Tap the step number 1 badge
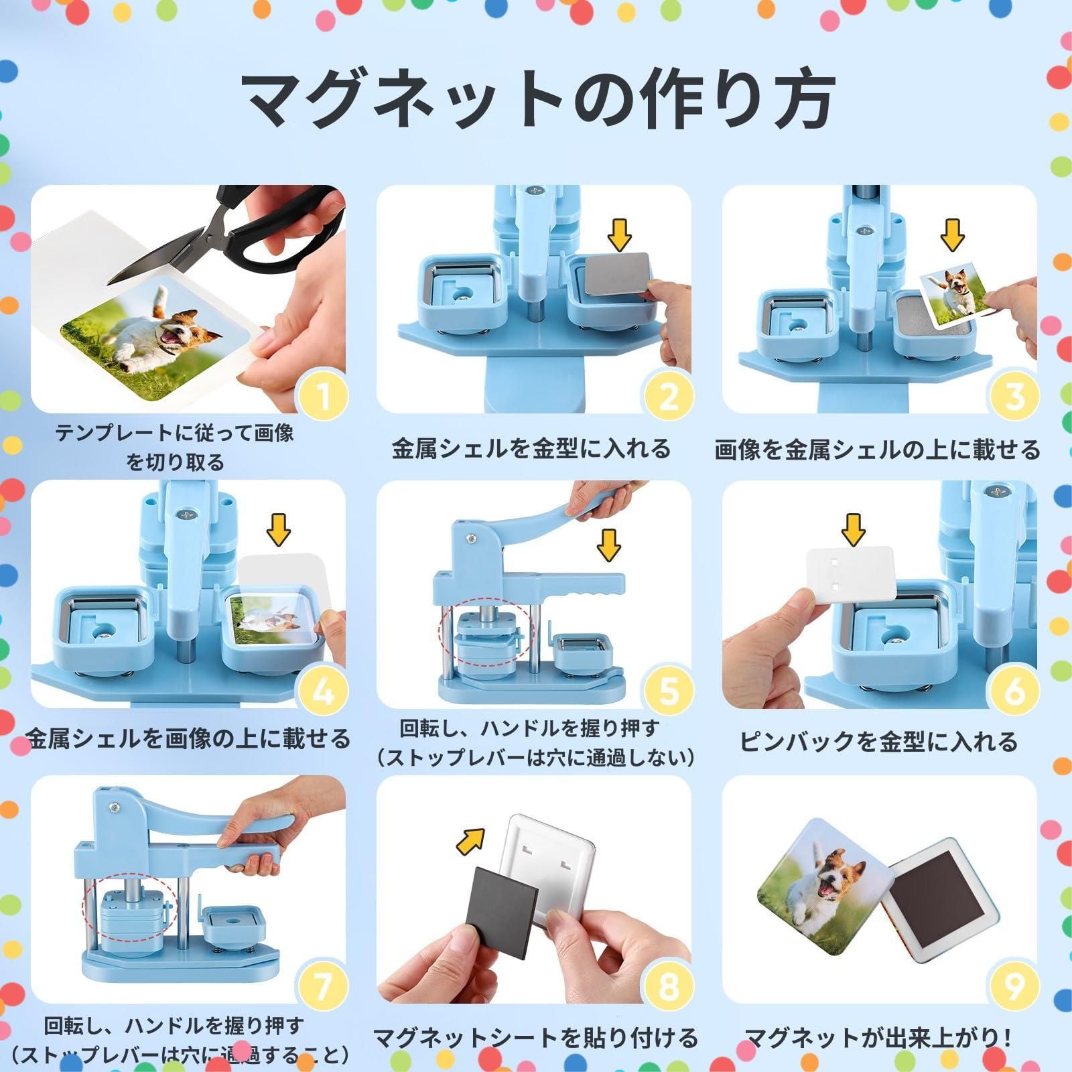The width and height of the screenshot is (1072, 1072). pos(324,397)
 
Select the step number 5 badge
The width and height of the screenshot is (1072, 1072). pos(669,691)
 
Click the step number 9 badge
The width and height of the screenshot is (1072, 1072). pos(1014,986)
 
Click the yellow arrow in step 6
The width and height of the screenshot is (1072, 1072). pos(853,529)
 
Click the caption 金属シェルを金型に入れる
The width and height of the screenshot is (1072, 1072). pos(531,448)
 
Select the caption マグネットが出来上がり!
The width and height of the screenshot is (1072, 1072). pos(878,1038)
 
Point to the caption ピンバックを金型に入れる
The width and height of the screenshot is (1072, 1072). pos(878,742)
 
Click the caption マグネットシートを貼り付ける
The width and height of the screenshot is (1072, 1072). pos(535,1038)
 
